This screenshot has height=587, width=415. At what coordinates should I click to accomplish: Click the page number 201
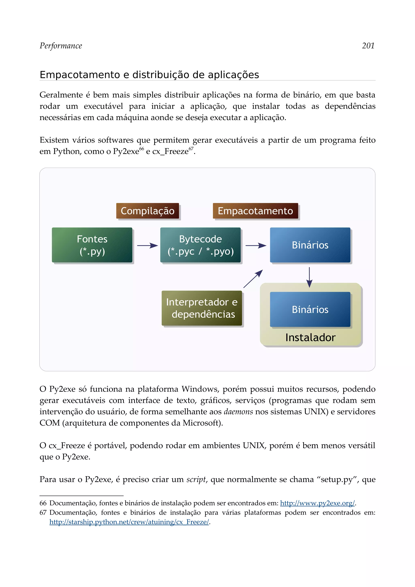(368, 46)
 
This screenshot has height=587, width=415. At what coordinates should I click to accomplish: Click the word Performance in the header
(61, 46)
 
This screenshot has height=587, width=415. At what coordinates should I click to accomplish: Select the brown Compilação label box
(148, 211)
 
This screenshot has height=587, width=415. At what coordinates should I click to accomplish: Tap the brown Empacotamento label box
(255, 211)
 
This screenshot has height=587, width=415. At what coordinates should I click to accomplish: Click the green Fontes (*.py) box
(92, 245)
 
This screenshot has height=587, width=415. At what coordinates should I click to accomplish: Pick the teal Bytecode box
(200, 245)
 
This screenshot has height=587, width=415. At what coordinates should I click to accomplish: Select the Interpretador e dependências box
(202, 308)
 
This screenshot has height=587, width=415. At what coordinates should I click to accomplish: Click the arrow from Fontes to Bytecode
(147, 246)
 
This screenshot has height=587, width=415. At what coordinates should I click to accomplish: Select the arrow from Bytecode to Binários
(256, 246)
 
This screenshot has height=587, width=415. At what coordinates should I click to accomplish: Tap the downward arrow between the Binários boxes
(309, 277)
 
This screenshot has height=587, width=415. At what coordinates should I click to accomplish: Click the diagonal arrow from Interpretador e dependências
(253, 279)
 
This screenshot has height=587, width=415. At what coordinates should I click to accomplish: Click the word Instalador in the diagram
(310, 338)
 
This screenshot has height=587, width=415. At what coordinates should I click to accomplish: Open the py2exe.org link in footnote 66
(317, 503)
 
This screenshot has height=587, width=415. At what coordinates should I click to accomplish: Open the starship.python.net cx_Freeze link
(129, 522)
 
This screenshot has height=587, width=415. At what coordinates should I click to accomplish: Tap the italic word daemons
(238, 412)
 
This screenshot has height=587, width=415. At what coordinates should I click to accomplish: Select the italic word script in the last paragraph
(196, 479)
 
